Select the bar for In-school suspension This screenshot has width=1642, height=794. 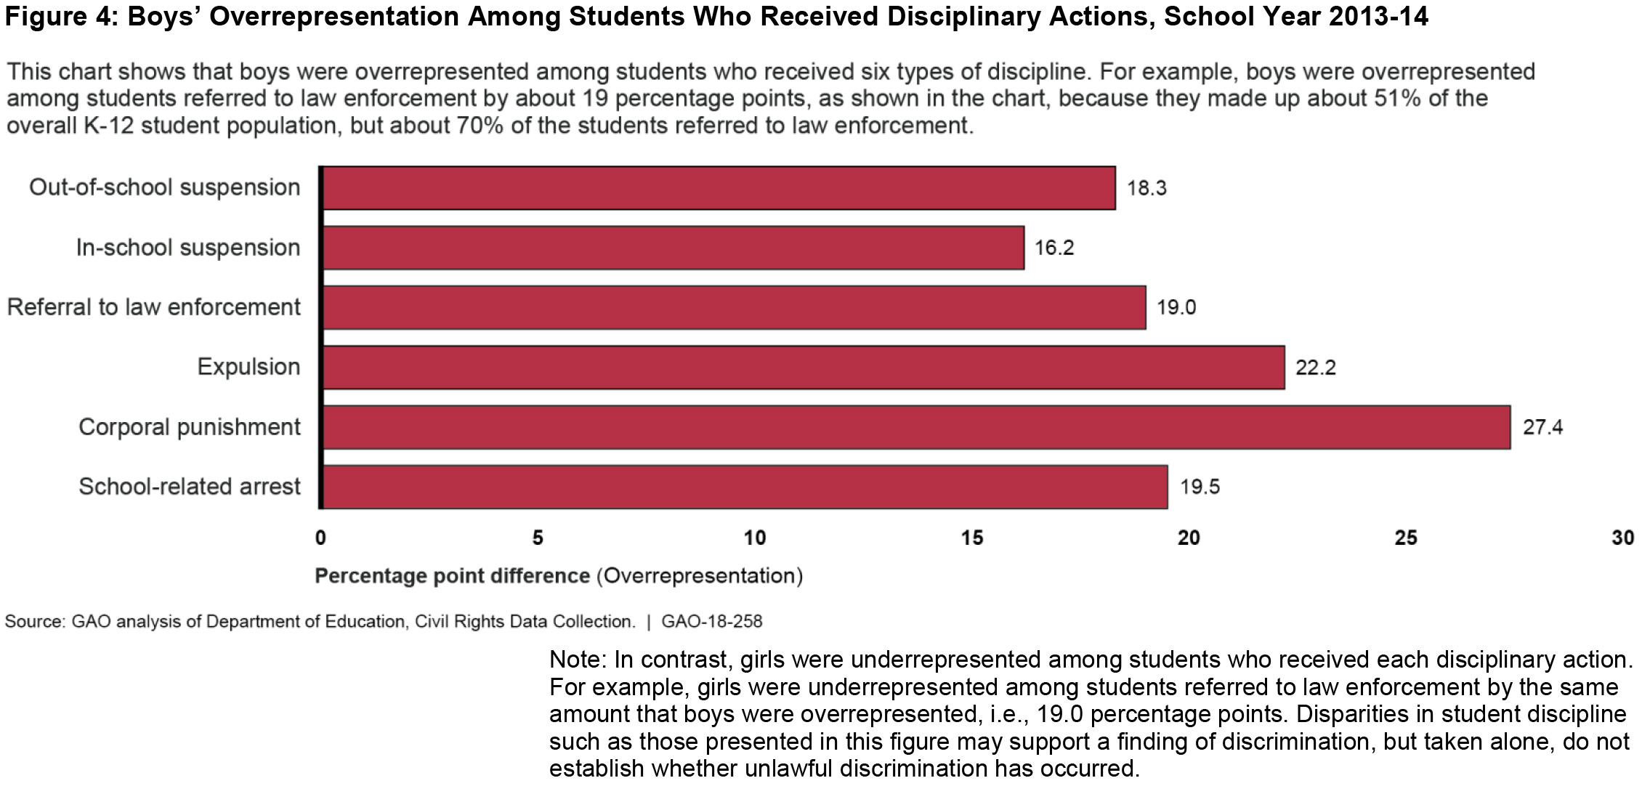click(x=673, y=248)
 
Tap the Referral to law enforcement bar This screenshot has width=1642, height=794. click(x=734, y=307)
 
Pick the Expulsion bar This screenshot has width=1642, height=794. click(x=803, y=368)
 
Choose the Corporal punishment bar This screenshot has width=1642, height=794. click(x=915, y=427)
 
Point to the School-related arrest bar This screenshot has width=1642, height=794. click(x=745, y=487)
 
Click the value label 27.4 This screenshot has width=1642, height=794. click(x=1542, y=427)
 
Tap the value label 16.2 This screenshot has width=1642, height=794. click(x=1053, y=248)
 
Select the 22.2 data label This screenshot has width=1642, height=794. click(x=1315, y=368)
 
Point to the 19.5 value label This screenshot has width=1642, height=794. click(x=1199, y=487)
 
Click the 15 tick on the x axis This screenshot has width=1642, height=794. click(x=972, y=538)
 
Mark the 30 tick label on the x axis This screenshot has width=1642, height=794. click(x=1622, y=538)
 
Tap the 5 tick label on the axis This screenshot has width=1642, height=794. click(x=538, y=538)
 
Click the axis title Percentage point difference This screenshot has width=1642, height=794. click(x=452, y=576)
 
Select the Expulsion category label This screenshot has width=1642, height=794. click(x=248, y=367)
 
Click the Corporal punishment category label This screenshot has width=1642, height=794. click(x=189, y=427)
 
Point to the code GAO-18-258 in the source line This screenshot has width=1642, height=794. click(x=711, y=622)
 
